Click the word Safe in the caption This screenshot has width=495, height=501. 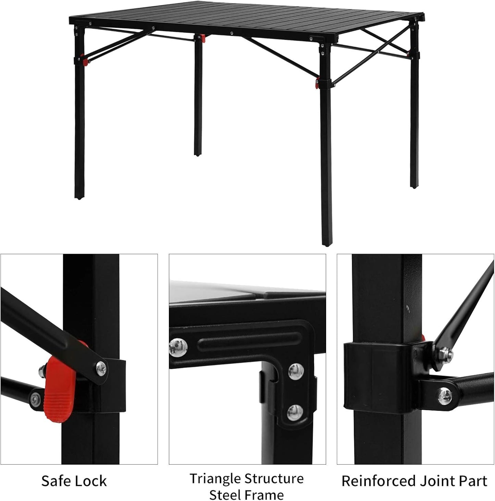pos(55,481)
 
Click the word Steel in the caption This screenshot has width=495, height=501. pos(224,494)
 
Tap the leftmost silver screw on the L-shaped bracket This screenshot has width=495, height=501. pos(178,347)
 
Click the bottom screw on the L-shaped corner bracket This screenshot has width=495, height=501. pos(295,412)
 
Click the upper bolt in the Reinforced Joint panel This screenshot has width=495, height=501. pos(445,353)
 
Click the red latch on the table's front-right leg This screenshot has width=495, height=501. pos(318,83)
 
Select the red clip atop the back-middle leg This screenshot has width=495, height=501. pos(203,38)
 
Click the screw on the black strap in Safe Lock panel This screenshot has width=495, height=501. pos(101,368)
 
